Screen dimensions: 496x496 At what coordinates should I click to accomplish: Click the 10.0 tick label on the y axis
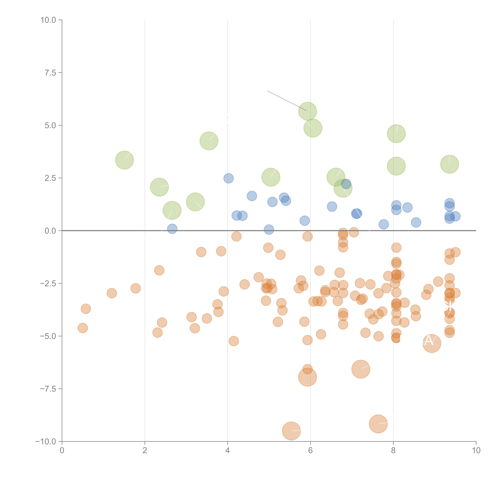pos(48,20)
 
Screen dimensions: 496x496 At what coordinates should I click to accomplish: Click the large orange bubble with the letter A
pos(432,344)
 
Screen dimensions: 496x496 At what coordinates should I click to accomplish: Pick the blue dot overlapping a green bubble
pos(346,184)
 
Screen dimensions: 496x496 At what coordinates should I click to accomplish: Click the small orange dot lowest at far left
pos(83,328)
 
